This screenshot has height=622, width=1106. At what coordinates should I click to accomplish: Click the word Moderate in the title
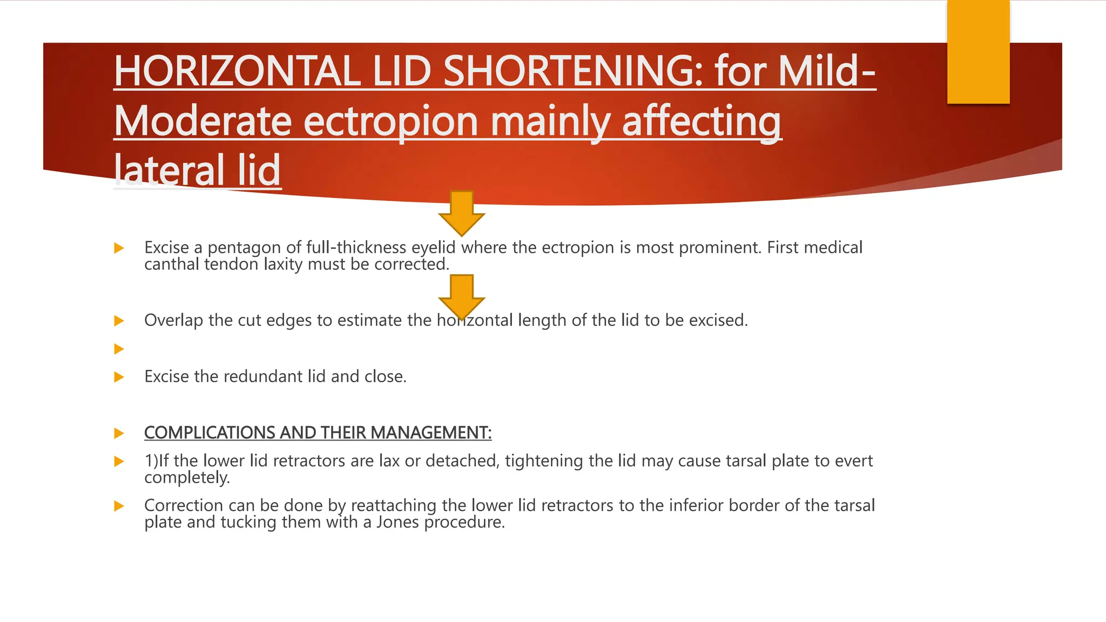coord(203,121)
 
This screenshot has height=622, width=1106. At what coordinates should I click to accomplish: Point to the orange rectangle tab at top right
coord(978,51)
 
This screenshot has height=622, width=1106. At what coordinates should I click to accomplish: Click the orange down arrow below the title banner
coord(462,213)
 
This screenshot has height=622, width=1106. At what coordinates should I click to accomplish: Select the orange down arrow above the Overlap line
coord(462,296)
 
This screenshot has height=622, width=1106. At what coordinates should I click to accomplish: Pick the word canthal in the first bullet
coord(172,265)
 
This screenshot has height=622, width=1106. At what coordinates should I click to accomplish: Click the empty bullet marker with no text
coord(119,349)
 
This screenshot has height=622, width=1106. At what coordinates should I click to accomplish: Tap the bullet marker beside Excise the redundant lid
coord(119,377)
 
